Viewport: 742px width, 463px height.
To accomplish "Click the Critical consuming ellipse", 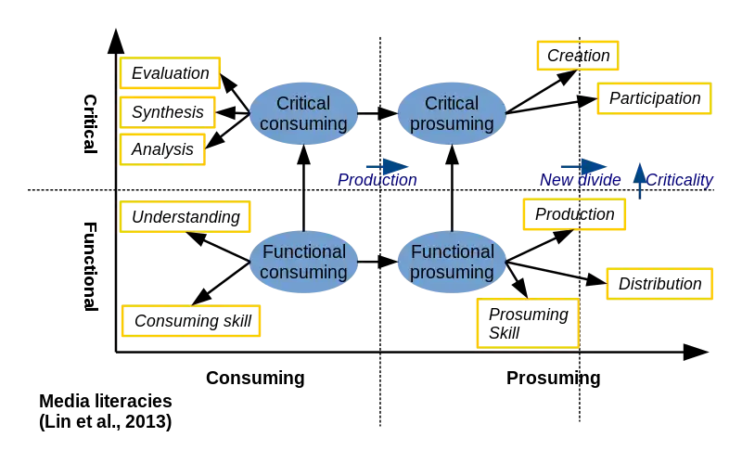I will [303, 113].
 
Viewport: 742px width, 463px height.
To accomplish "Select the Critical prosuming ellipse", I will [452, 113].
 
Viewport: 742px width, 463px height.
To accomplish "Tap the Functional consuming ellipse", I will [303, 262].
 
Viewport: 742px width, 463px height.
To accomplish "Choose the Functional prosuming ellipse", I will [452, 262].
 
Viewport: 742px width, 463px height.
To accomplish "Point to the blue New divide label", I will [581, 179].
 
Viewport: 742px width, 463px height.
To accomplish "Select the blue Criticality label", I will [680, 179].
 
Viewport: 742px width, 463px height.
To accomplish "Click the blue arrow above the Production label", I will [389, 165].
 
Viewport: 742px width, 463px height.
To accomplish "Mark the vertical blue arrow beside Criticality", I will [639, 177].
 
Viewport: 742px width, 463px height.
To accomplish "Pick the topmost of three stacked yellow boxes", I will [171, 71].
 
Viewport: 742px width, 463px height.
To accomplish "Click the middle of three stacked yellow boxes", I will [168, 113].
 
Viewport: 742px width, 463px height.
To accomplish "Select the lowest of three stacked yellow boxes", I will [163, 151].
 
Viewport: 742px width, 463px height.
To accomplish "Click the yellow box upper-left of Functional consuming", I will [185, 218].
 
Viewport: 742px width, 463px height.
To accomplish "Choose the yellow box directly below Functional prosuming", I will [528, 322].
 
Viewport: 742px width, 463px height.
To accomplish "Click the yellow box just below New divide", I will [575, 212].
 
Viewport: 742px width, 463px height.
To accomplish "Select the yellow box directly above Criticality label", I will [653, 99].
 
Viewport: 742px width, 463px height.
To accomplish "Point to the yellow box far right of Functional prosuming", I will [660, 285].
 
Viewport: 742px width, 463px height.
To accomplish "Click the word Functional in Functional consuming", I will [303, 251].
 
